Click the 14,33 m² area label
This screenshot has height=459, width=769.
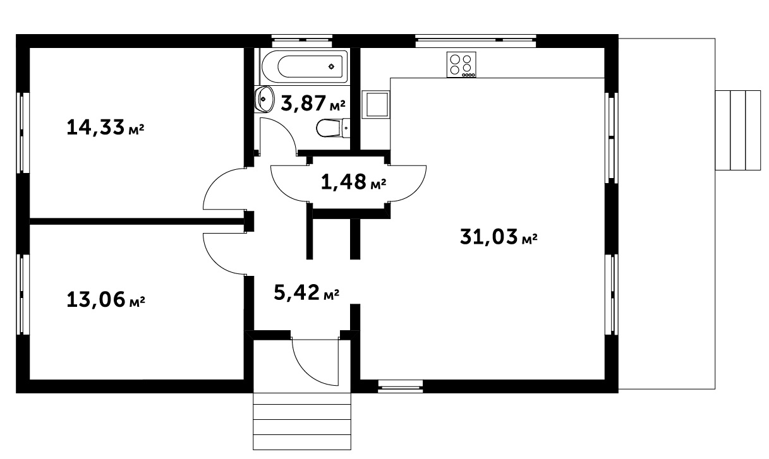coord(106,128)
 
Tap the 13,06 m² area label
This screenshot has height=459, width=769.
coord(106,299)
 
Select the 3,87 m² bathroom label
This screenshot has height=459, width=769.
coord(313,104)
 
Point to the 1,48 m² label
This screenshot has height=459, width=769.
coord(354,182)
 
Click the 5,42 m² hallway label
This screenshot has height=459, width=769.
coord(306,292)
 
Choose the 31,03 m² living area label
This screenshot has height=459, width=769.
coord(499,237)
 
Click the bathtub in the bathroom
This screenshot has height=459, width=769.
coord(305,66)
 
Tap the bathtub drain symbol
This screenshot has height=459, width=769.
coord(331,66)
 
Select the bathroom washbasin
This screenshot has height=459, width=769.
coord(264,99)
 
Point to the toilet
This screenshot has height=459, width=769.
coord(332,128)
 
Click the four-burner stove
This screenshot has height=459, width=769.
coord(461,64)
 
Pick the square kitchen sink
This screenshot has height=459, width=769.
coord(376,105)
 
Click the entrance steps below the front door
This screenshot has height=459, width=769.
coord(302,421)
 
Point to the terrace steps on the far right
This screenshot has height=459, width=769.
coord(738,130)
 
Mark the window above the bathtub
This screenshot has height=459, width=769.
coord(302,41)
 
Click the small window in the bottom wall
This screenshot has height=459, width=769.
coord(400,386)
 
